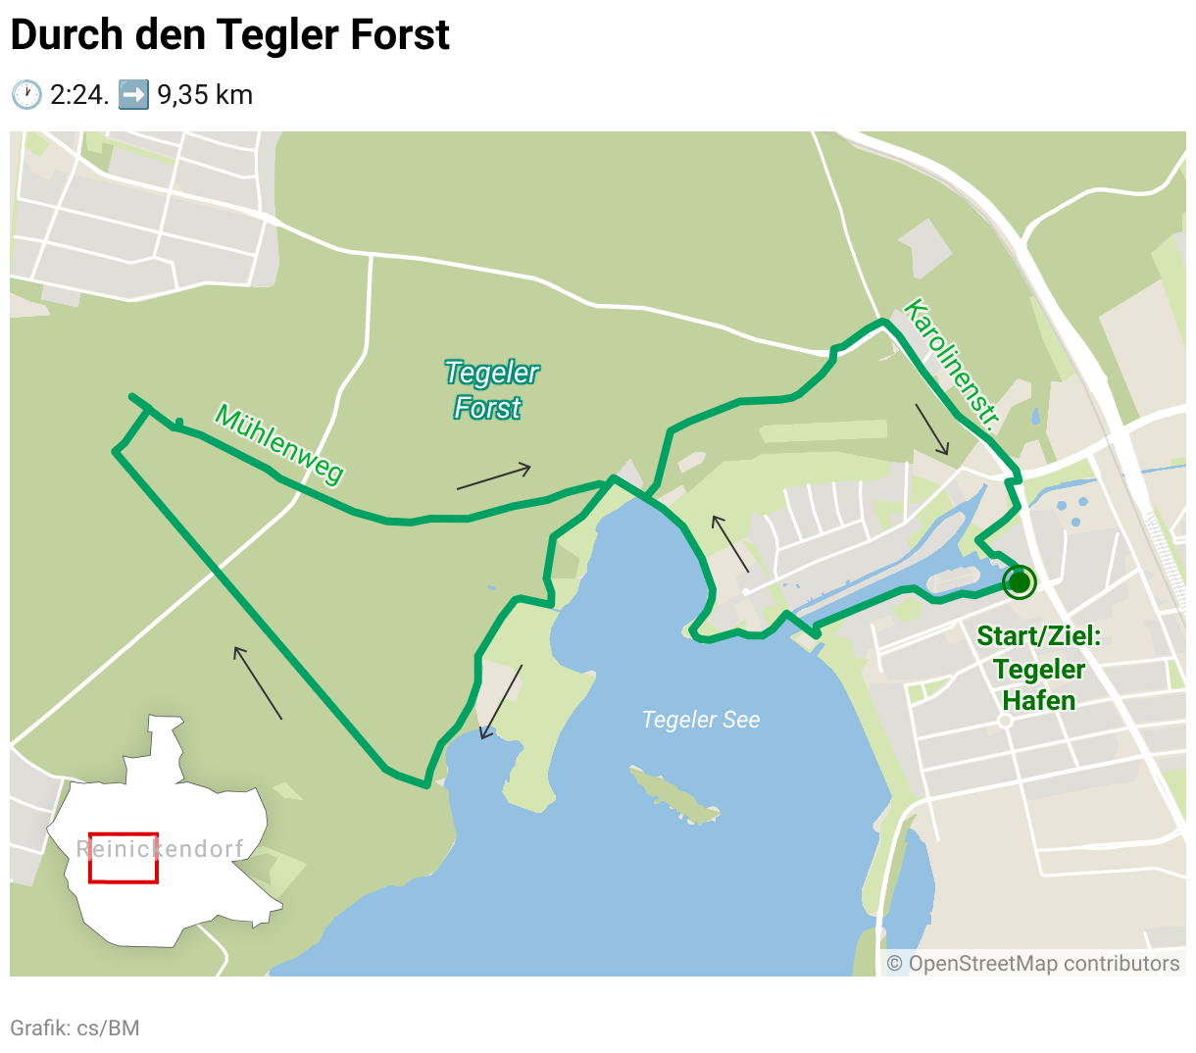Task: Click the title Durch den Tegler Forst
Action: pos(229,35)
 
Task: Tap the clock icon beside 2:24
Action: pos(26,95)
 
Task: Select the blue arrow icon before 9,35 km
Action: pos(133,95)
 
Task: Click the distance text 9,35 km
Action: pos(205,95)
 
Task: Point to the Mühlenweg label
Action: pos(279,444)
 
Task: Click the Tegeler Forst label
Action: pos(490,389)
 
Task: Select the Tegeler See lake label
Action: pos(700,720)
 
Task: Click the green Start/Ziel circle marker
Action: pos(1020,582)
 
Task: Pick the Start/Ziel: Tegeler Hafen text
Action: pos(1039,669)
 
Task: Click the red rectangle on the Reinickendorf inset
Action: pos(124,857)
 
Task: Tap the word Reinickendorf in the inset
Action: pos(160,849)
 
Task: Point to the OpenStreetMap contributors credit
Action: pos(1033,964)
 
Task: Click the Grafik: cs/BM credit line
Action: pos(75,1028)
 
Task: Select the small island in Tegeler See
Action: pos(673,795)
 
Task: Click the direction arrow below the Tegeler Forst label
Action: pos(493,476)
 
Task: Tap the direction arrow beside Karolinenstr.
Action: pos(932,429)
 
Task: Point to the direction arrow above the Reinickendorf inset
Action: pos(258,682)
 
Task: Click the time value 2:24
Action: pos(78,95)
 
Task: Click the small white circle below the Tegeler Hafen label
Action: pos(1004,721)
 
